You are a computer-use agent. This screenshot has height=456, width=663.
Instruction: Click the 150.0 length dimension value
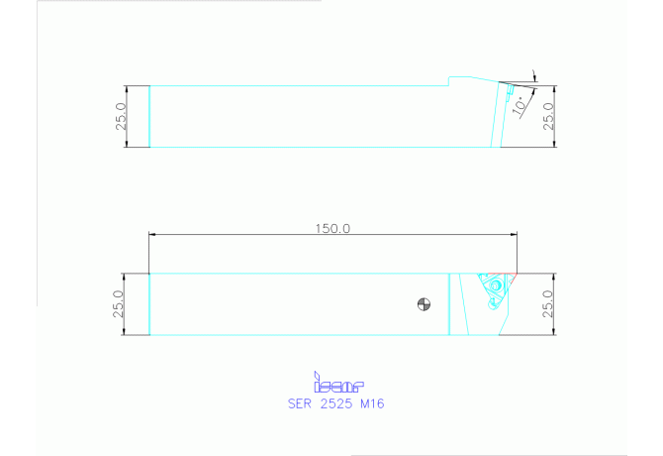332,227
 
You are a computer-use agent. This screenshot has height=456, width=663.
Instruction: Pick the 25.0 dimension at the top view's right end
548,115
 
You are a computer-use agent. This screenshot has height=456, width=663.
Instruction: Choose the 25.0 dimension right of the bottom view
548,303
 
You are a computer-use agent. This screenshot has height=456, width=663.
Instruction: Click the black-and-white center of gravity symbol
424,304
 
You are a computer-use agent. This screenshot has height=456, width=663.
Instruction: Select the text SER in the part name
300,403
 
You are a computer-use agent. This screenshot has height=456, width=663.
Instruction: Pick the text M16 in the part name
372,403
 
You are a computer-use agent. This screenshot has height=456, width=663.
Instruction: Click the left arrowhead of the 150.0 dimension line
152,234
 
